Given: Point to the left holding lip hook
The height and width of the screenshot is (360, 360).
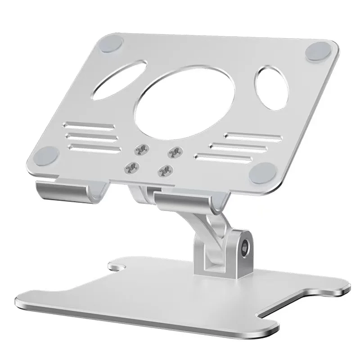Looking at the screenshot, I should click(63, 189).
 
